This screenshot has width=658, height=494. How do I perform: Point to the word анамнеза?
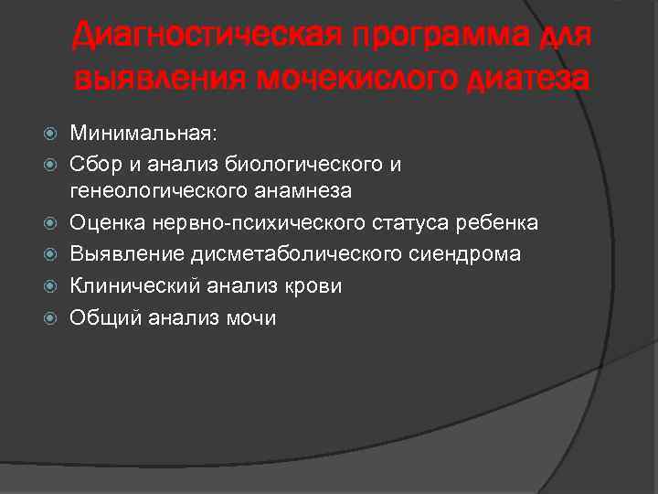313,191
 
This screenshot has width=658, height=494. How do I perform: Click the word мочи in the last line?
255,317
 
